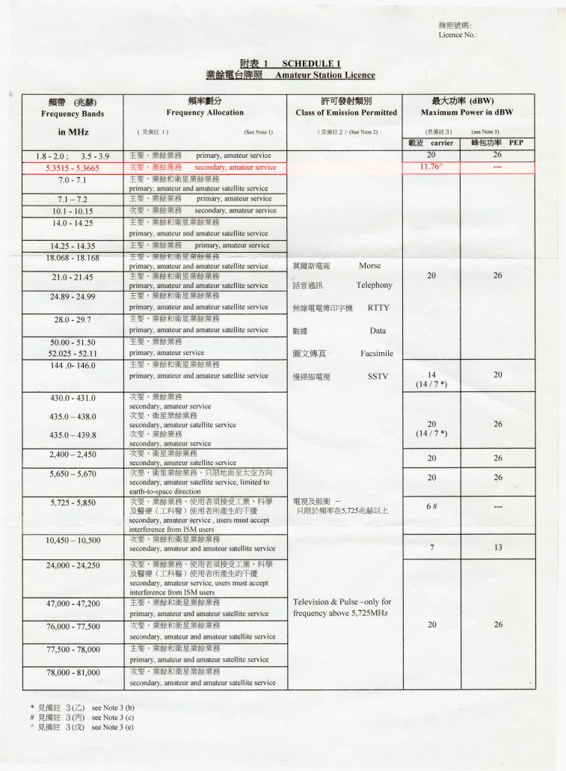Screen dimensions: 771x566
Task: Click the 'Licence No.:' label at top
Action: pyautogui.click(x=458, y=35)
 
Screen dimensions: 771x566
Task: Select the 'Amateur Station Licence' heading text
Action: pyautogui.click(x=324, y=75)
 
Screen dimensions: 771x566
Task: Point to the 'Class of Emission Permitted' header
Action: pyautogui.click(x=346, y=113)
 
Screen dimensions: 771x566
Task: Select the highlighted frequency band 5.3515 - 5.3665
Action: pyautogui.click(x=73, y=168)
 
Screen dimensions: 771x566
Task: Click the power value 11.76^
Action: pyautogui.click(x=431, y=168)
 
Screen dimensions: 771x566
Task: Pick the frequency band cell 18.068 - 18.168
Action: pyautogui.click(x=73, y=258)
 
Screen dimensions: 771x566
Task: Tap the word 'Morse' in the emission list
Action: pyautogui.click(x=369, y=265)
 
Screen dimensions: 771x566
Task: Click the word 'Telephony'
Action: pyautogui.click(x=374, y=285)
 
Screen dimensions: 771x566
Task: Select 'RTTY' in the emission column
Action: pyautogui.click(x=378, y=307)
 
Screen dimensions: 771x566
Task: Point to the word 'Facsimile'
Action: pyautogui.click(x=376, y=353)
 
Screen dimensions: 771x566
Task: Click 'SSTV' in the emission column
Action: pyautogui.click(x=378, y=377)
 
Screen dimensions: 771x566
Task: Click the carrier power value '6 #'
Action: pyautogui.click(x=431, y=506)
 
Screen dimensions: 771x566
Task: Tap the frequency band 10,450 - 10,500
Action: pyautogui.click(x=73, y=540)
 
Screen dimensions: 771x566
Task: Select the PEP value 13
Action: pyautogui.click(x=497, y=547)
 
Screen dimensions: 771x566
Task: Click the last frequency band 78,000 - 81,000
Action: pyautogui.click(x=73, y=672)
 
